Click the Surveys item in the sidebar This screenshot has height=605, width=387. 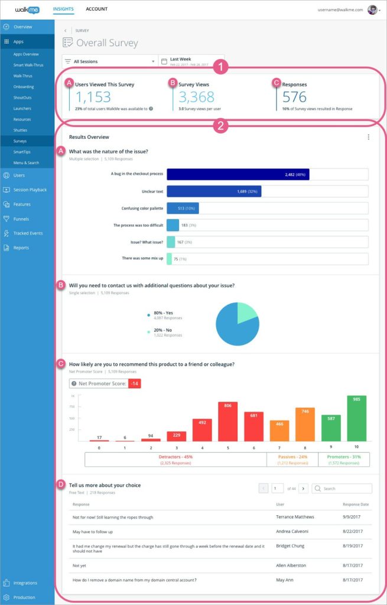(x=21, y=141)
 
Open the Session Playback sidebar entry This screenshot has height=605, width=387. (x=30, y=190)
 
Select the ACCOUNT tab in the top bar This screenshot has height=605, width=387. (x=96, y=9)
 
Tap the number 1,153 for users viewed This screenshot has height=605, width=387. (x=93, y=97)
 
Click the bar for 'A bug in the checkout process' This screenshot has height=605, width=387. (x=238, y=174)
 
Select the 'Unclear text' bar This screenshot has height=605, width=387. (x=214, y=191)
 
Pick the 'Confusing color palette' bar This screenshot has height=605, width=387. (x=183, y=208)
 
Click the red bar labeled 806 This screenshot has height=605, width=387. (x=228, y=421)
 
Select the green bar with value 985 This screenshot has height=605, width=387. (x=356, y=418)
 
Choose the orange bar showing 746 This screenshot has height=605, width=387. (x=305, y=424)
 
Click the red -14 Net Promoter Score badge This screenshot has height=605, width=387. (x=135, y=383)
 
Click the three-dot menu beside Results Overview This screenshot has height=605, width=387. (x=368, y=137)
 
